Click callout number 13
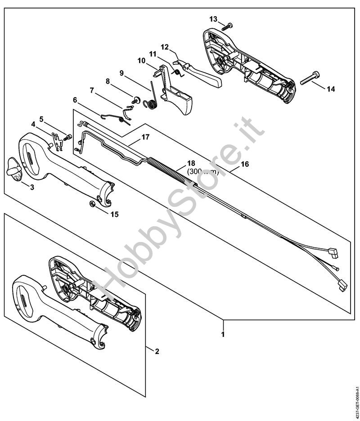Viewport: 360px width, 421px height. (x=213, y=19)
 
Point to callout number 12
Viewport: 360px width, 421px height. (x=165, y=47)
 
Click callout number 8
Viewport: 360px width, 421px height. (x=108, y=81)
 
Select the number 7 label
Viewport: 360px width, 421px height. (x=92, y=90)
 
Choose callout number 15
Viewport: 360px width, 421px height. (x=114, y=214)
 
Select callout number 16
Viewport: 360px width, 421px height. (x=244, y=165)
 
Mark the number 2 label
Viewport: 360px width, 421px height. (x=157, y=351)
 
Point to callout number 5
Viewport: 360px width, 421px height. (x=41, y=119)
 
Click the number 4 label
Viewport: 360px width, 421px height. (x=33, y=124)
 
